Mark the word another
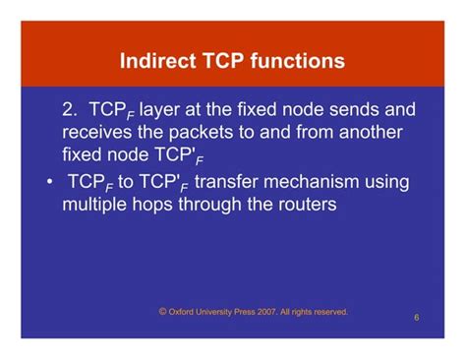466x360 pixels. click(376, 132)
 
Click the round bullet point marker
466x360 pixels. click(49, 183)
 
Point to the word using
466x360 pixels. click(394, 182)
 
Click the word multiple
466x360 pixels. click(96, 205)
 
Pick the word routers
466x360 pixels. click(303, 205)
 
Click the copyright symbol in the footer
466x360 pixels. click(161, 311)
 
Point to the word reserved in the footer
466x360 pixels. click(328, 312)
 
